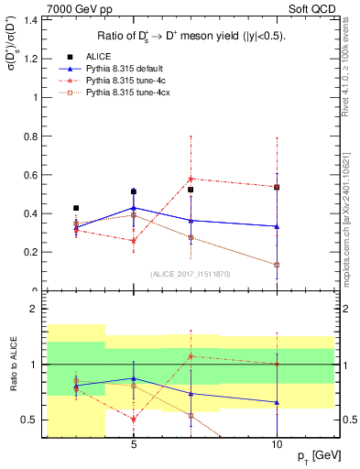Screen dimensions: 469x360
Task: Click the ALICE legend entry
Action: [x=99, y=56]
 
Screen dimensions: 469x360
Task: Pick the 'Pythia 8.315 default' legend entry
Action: [x=128, y=68]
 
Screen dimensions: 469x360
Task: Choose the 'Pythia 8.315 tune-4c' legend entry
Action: [x=128, y=81]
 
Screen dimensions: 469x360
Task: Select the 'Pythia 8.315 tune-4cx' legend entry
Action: [x=131, y=93]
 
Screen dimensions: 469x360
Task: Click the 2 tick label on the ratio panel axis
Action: [x=33, y=310]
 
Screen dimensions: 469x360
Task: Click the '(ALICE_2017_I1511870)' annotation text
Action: [x=189, y=274]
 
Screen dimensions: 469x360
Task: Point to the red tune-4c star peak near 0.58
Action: [x=191, y=179]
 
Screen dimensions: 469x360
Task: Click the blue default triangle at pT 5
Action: [x=134, y=208]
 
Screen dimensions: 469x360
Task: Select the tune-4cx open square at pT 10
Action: [x=277, y=265]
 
